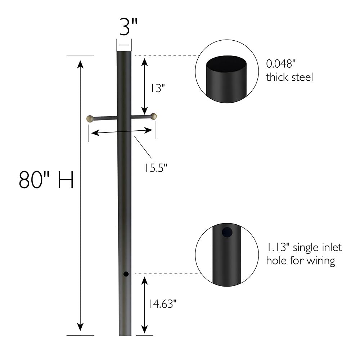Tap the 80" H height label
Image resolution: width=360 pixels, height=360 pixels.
pos(46,180)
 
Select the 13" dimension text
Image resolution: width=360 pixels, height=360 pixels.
pos(156,89)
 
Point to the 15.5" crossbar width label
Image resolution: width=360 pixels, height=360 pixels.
pos(156,167)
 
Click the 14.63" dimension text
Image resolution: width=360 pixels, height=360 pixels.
pos(161,304)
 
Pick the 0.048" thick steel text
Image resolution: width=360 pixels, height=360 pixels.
pos(289,71)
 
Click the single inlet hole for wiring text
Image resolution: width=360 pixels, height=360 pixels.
pos(304,254)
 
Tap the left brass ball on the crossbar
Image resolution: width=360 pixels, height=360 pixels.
pos(90,118)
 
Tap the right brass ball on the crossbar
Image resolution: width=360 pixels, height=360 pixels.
pos(154,116)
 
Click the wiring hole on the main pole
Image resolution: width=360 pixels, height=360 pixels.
pos(126,274)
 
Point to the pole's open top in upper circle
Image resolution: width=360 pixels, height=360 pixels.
pos(227,64)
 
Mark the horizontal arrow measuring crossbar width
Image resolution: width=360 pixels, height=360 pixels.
pos(122,132)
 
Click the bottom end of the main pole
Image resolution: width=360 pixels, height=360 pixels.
pos(125,334)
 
